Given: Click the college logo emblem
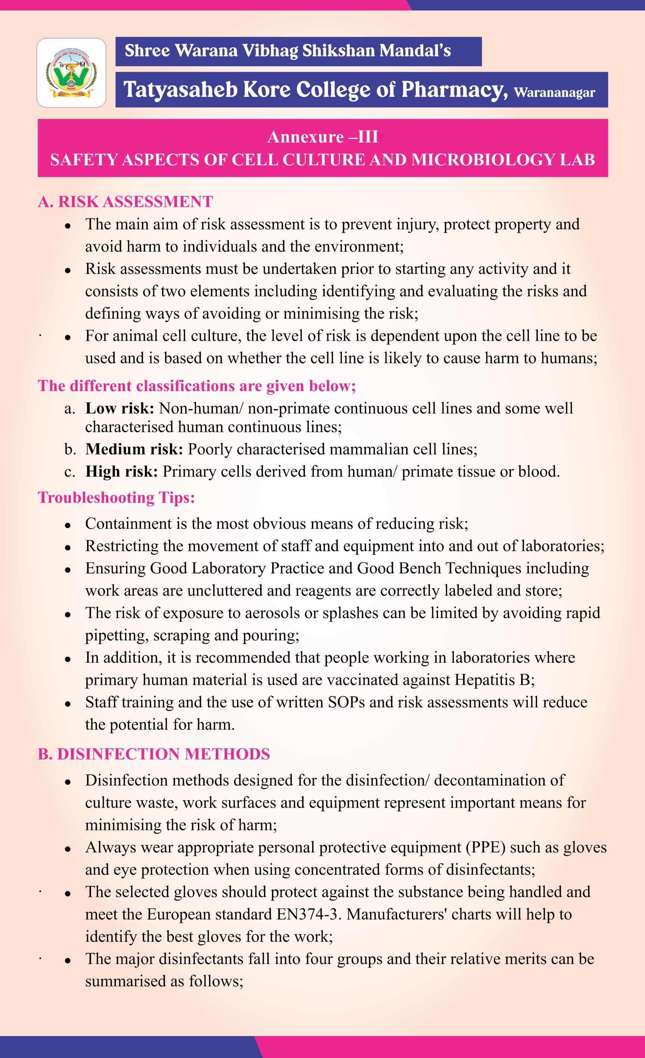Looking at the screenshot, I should coord(71,72).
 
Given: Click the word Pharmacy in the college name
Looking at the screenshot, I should coord(452,90).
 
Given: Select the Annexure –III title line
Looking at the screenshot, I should coord(322,137).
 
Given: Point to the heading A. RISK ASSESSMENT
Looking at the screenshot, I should coord(125,202).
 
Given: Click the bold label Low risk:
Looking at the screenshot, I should coord(120,408).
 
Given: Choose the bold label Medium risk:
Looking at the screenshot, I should coord(134,449).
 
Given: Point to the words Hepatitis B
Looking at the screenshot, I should coord(494,680).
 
